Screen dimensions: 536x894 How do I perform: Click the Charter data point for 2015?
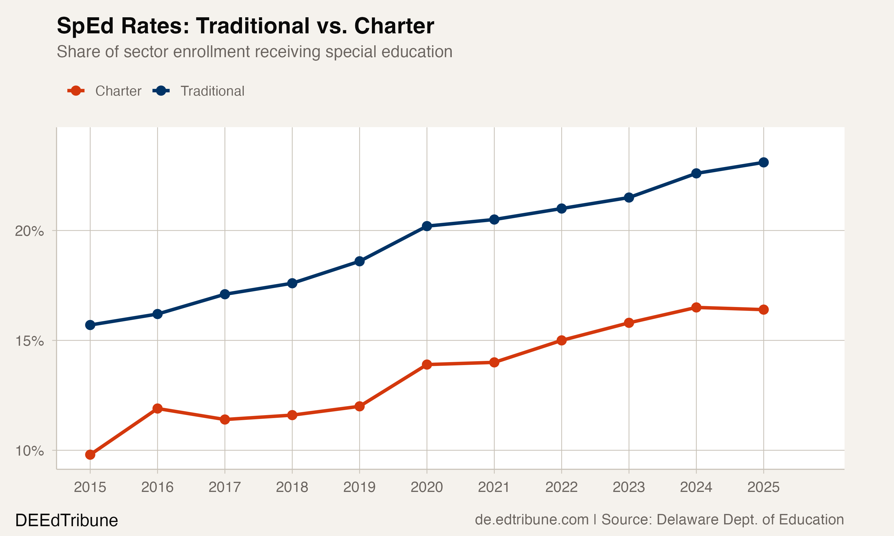(x=90, y=454)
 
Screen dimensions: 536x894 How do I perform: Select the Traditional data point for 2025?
(x=763, y=163)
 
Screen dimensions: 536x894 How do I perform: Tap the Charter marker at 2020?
(x=427, y=364)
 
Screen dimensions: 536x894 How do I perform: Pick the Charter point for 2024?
(x=696, y=307)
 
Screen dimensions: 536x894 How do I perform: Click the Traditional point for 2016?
(x=157, y=314)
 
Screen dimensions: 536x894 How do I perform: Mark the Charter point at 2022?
(x=561, y=340)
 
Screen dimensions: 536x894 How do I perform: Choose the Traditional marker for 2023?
(x=629, y=197)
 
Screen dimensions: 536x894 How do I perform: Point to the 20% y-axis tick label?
(x=29, y=231)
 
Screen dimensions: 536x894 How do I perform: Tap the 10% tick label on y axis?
(x=29, y=451)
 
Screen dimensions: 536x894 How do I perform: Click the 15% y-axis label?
(x=29, y=341)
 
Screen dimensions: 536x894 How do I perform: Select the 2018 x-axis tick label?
(x=292, y=487)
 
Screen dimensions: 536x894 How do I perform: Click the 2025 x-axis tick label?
(x=763, y=487)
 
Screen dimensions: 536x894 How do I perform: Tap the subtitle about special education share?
(x=254, y=52)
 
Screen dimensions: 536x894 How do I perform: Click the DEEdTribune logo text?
(x=66, y=521)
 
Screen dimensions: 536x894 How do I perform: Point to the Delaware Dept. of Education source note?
(x=722, y=520)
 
